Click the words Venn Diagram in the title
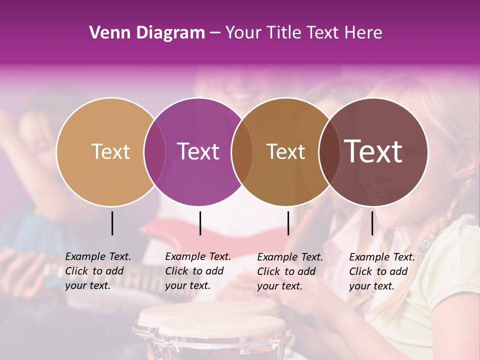pyautogui.click(x=147, y=33)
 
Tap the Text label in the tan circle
pyautogui.click(x=110, y=151)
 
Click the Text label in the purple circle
pyautogui.click(x=198, y=151)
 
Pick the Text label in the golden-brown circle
pyautogui.click(x=285, y=151)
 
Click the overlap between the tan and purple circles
pyautogui.click(x=154, y=152)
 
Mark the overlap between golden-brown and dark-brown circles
pyautogui.click(x=329, y=152)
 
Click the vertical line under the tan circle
pyautogui.click(x=112, y=223)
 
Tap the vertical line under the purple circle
pyautogui.click(x=200, y=223)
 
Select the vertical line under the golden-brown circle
pyautogui.click(x=288, y=223)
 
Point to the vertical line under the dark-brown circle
pyautogui.click(x=372, y=223)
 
